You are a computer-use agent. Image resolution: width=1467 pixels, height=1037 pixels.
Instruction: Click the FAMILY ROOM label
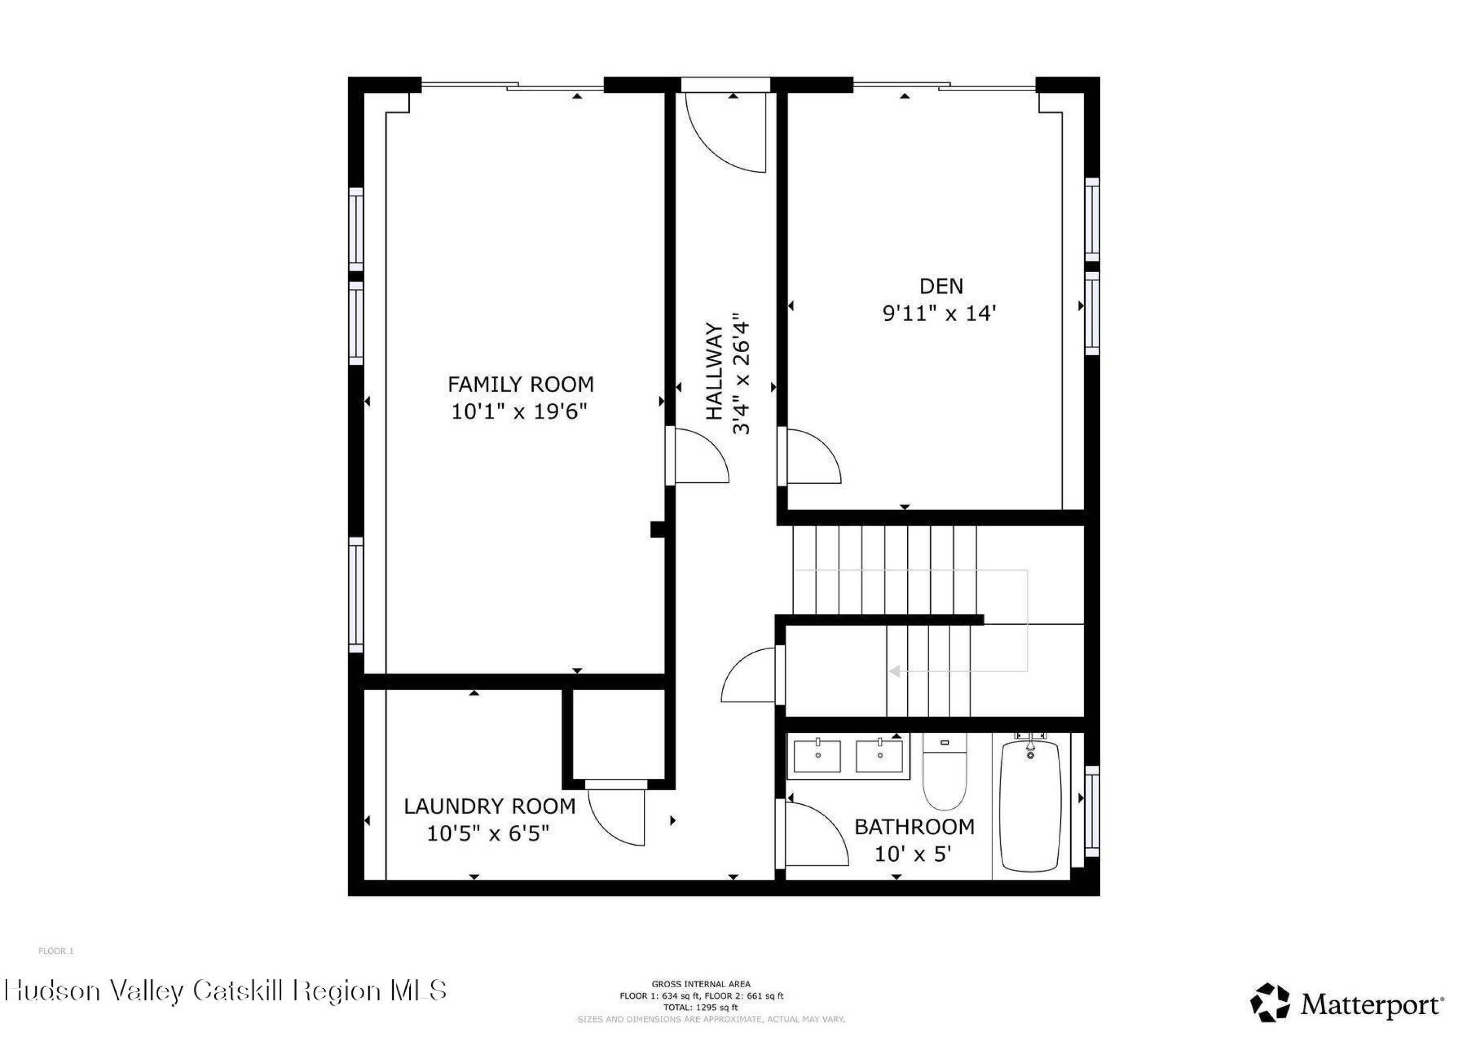pos(520,384)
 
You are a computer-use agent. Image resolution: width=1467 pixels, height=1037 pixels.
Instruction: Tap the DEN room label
pos(941,286)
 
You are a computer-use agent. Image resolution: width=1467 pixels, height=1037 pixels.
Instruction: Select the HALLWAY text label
pos(714,372)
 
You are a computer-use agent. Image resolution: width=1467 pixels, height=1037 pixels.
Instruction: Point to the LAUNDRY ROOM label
pos(489,806)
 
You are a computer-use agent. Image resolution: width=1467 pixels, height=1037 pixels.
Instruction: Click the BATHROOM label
pos(915,827)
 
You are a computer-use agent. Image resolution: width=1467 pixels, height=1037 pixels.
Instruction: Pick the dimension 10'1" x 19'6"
pos(519,411)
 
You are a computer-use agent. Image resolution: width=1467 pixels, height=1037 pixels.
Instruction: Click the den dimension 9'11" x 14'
pos(939,314)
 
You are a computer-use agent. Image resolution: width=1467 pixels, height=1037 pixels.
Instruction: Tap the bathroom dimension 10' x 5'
pos(913,854)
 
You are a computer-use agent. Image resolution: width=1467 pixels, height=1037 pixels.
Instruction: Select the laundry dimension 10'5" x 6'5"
pos(488,833)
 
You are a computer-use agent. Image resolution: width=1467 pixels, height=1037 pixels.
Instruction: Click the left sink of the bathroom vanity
pos(817,756)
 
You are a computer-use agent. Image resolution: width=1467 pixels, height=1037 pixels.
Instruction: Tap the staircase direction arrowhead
pos(894,671)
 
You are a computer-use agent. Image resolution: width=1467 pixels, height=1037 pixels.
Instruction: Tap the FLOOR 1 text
pos(56,951)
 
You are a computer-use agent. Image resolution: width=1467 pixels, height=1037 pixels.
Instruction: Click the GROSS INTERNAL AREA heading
pos(701,984)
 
